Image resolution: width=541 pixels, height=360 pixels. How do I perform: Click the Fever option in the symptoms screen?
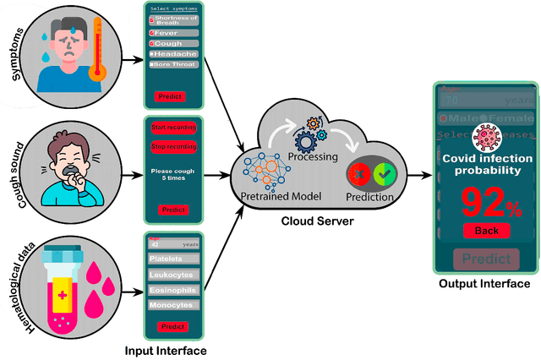click(x=173, y=32)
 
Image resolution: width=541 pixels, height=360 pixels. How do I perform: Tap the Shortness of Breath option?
click(x=173, y=19)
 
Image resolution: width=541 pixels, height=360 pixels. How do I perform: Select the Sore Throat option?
click(x=173, y=64)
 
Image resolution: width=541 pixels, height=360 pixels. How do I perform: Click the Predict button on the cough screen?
click(x=174, y=210)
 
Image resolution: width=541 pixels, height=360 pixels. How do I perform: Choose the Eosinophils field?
click(x=173, y=290)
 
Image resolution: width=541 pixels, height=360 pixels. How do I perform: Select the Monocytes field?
click(x=173, y=304)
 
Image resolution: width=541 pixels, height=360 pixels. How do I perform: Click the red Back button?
click(x=486, y=231)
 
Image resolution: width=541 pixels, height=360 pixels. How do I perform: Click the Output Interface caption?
click(x=484, y=284)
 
